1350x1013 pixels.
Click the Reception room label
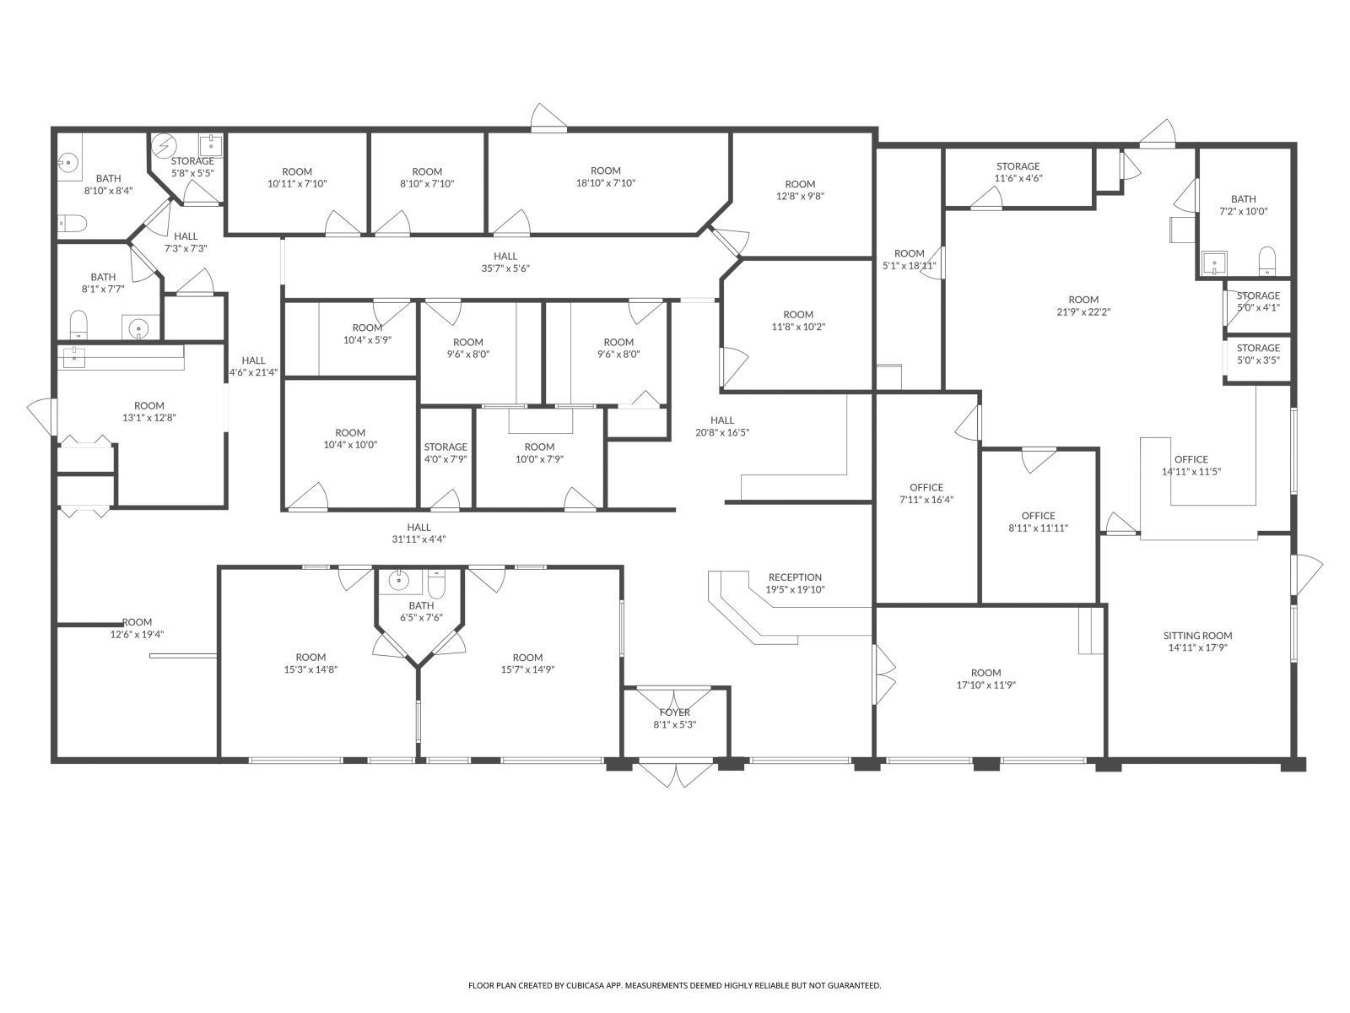pyautogui.click(x=794, y=578)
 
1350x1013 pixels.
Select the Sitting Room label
pyautogui.click(x=1197, y=636)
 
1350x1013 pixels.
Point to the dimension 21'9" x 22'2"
pyautogui.click(x=1083, y=311)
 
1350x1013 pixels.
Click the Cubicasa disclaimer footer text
pyautogui.click(x=674, y=985)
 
